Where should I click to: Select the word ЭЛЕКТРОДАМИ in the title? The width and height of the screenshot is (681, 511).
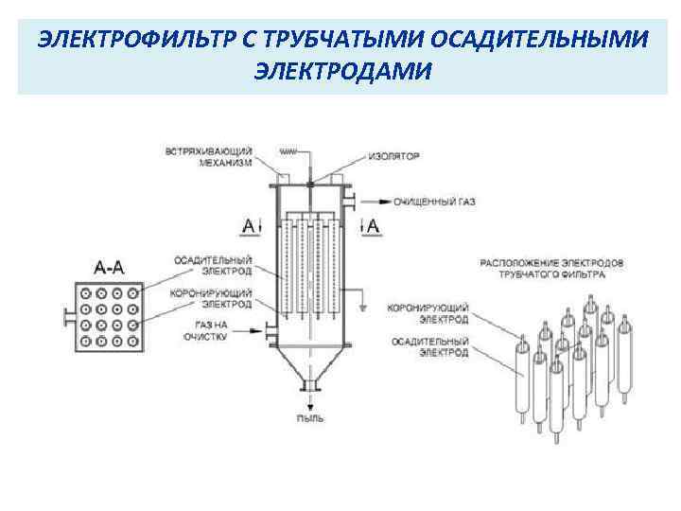coord(341,71)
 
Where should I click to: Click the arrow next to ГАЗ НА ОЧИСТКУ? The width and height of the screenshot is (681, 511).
coord(251,330)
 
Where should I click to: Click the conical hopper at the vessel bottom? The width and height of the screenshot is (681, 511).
coord(309,361)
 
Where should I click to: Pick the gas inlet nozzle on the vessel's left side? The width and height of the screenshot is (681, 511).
coord(270,330)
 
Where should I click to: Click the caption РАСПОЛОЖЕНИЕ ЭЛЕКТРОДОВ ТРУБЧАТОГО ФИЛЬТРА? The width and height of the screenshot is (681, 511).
coord(550,269)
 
